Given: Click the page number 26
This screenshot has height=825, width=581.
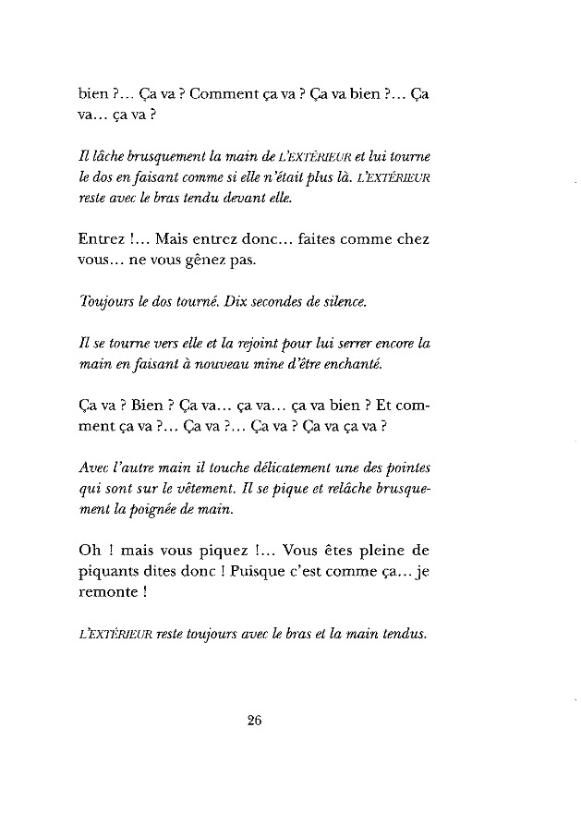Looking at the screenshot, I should click(256, 722).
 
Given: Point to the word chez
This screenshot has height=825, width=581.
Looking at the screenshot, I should click(411, 240).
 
